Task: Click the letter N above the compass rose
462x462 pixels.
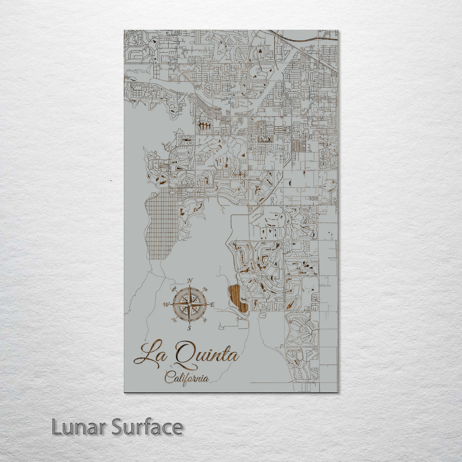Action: tap(190, 281)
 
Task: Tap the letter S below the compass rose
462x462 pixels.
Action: tap(190, 328)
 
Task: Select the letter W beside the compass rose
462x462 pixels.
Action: tap(166, 305)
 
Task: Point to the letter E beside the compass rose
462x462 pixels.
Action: tap(213, 305)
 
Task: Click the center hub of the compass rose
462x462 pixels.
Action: tap(190, 304)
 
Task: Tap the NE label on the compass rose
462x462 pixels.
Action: tap(205, 289)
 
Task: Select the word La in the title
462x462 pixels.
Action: tap(150, 353)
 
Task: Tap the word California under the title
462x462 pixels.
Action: tap(187, 378)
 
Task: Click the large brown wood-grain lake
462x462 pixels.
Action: tap(237, 299)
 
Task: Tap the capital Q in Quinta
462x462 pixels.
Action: tap(185, 353)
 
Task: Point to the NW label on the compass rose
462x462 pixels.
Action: tap(174, 289)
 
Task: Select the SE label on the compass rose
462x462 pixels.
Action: tap(205, 320)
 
